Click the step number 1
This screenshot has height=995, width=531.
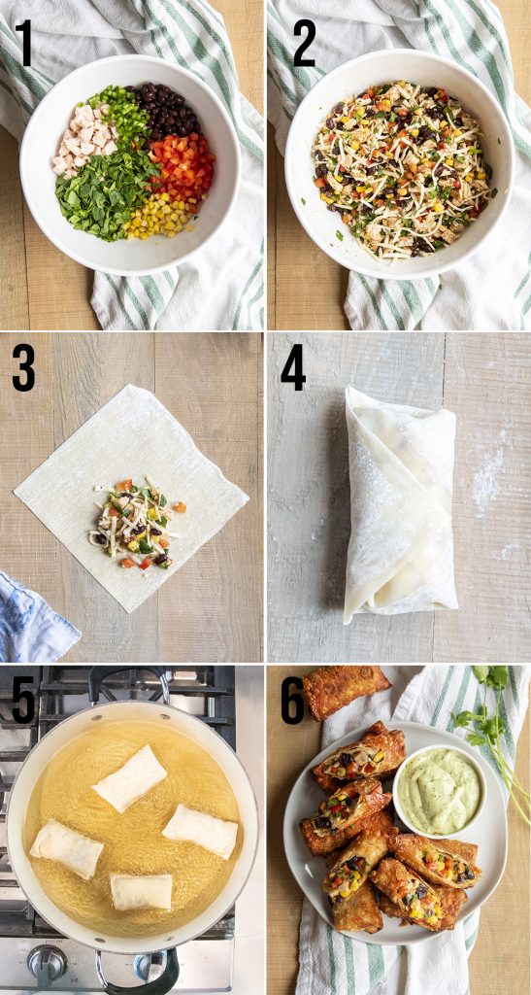coord(23,45)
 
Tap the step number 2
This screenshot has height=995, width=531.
coord(304,45)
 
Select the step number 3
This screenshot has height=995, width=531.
coord(25,368)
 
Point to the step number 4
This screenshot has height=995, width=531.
coord(293,368)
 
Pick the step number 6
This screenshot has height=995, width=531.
coord(293,702)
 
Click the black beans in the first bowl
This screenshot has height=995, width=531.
coord(172,110)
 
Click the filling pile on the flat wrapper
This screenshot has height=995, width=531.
coord(135,525)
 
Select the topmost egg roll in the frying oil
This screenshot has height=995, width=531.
coord(129,777)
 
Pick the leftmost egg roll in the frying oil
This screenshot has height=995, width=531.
coord(66,848)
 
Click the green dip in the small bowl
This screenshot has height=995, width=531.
coord(440,790)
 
